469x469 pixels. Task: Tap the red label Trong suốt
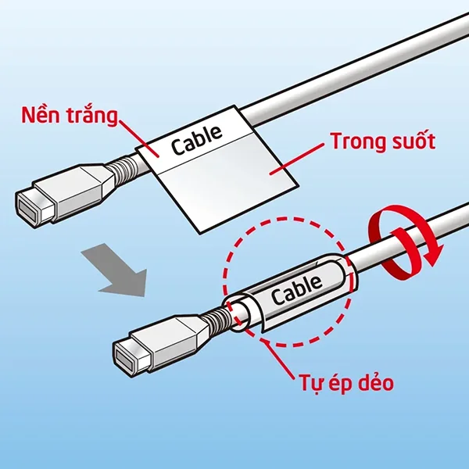(382, 142)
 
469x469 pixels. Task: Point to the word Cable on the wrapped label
(296, 289)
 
